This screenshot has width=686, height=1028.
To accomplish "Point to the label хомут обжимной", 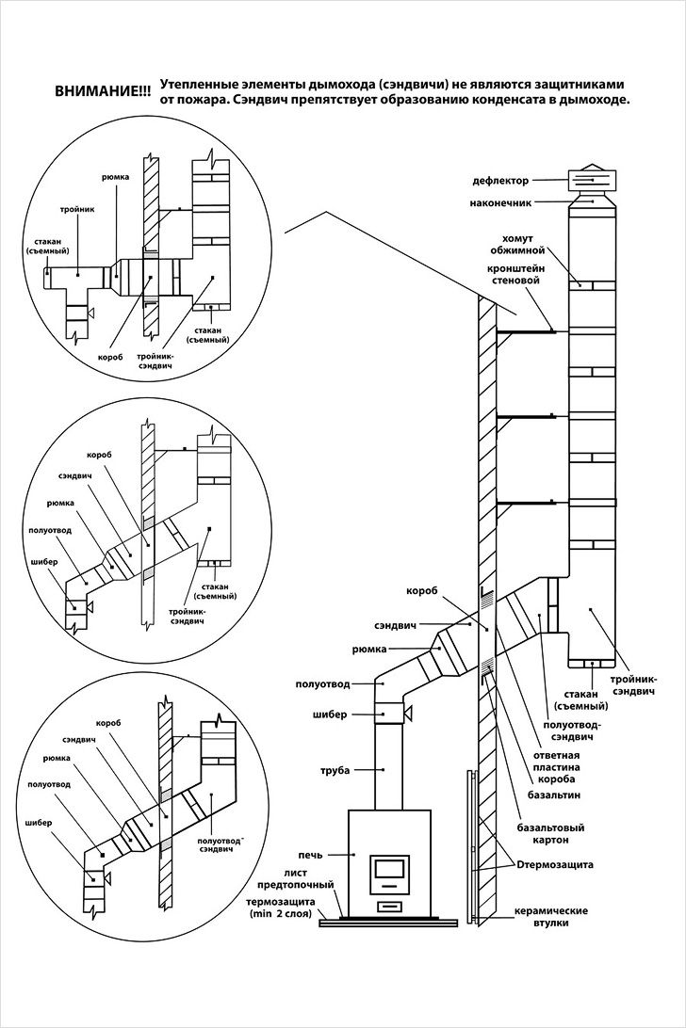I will click(517, 245).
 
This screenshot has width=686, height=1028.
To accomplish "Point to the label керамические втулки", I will click(552, 917).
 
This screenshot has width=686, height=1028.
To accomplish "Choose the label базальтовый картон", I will click(551, 834).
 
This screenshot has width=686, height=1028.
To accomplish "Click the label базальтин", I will click(547, 795).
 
